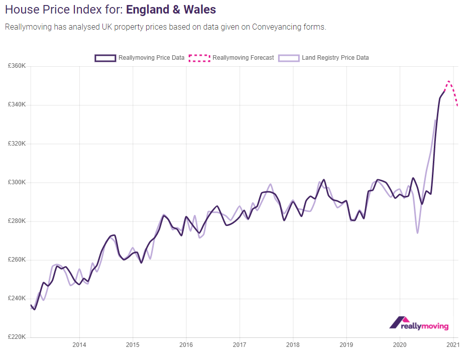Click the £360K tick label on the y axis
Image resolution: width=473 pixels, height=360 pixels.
pyautogui.click(x=18, y=66)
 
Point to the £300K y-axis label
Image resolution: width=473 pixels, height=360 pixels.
pyautogui.click(x=18, y=182)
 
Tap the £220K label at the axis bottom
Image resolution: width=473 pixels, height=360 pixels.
pyautogui.click(x=18, y=337)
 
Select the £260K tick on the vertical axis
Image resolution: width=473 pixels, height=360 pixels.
pyautogui.click(x=18, y=260)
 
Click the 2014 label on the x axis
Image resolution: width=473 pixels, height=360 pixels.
pyautogui.click(x=79, y=345)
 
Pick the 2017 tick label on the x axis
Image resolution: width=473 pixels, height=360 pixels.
pyautogui.click(x=240, y=345)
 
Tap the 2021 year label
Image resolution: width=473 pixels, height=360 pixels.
pyautogui.click(x=453, y=345)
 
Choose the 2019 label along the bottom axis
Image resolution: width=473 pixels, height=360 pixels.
pyautogui.click(x=346, y=345)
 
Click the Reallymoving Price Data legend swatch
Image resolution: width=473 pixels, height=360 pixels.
pyautogui.click(x=105, y=58)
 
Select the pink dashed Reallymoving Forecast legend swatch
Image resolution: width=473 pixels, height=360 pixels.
pyautogui.click(x=199, y=58)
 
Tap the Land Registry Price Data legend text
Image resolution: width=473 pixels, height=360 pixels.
pyautogui.click(x=335, y=58)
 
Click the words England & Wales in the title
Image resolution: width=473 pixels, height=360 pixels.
pyautogui.click(x=171, y=10)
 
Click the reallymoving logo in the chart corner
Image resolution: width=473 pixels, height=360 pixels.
pyautogui.click(x=419, y=323)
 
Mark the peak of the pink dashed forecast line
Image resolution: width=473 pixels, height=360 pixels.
pyautogui.click(x=448, y=81)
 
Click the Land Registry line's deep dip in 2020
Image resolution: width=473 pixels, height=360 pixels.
pyautogui.click(x=417, y=233)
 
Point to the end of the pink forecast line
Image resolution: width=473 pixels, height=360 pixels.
pyautogui.click(x=457, y=105)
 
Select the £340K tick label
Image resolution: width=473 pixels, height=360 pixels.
pyautogui.click(x=18, y=105)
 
